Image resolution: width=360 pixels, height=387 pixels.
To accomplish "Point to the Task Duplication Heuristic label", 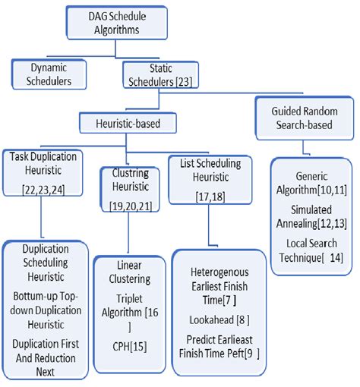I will click(44, 162).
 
